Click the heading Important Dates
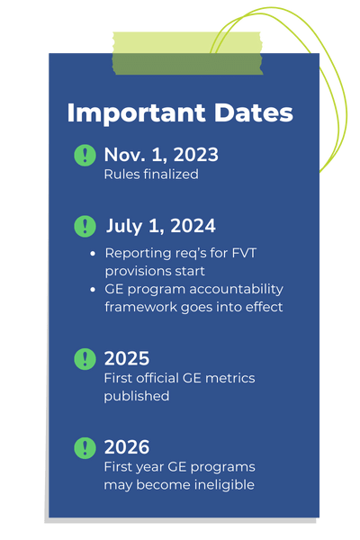[180, 113]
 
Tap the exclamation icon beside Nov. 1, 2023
[85, 155]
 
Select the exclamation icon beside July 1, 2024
[85, 226]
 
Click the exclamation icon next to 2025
[85, 359]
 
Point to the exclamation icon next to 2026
[85, 446]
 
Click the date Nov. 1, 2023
[160, 154]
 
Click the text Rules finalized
[150, 174]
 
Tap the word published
[137, 395]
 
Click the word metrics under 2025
[229, 378]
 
